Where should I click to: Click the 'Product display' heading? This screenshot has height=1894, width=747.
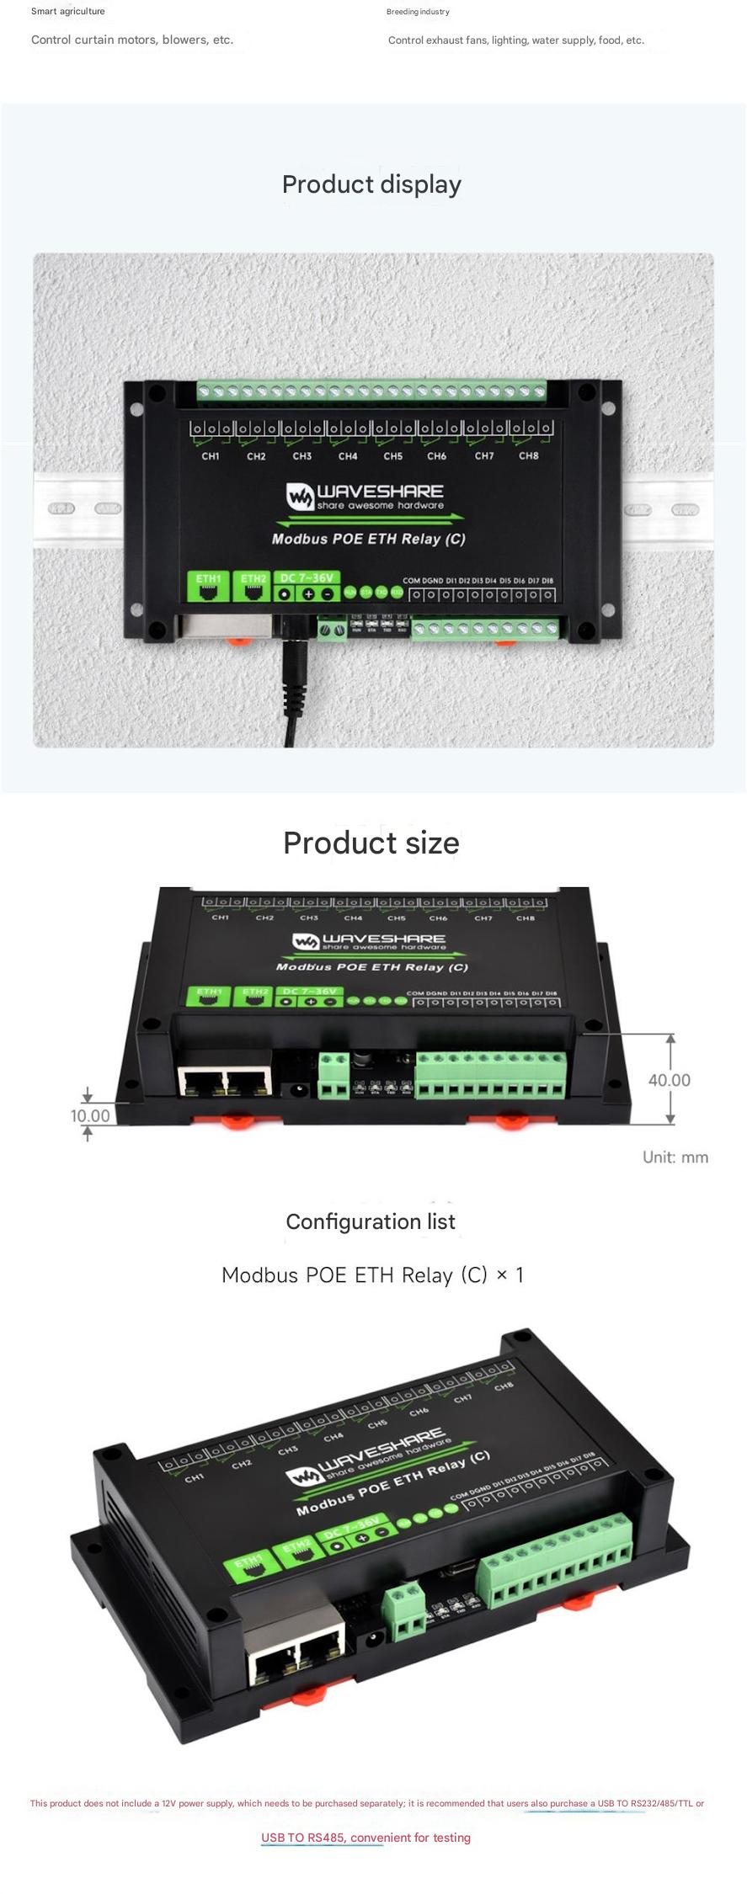371,184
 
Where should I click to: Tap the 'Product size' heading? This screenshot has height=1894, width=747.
371,843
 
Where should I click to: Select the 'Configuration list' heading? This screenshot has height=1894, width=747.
371,1221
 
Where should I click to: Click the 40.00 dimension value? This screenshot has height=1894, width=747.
669,1080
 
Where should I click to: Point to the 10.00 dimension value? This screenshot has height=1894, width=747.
90,1115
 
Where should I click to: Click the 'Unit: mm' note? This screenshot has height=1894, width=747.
675,1157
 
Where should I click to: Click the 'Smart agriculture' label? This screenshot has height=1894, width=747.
68,12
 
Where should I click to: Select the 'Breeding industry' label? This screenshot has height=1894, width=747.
418,12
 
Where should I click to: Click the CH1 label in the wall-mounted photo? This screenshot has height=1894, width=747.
211,456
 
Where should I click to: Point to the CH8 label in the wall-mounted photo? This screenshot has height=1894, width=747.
528,456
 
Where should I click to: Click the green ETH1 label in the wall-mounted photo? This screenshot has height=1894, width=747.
208,579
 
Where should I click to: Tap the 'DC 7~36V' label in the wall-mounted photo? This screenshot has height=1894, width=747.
307,578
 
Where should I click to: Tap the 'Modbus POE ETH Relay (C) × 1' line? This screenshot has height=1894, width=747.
372,1275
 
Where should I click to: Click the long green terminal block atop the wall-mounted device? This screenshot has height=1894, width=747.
371,391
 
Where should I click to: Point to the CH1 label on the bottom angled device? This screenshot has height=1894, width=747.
195,1477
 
